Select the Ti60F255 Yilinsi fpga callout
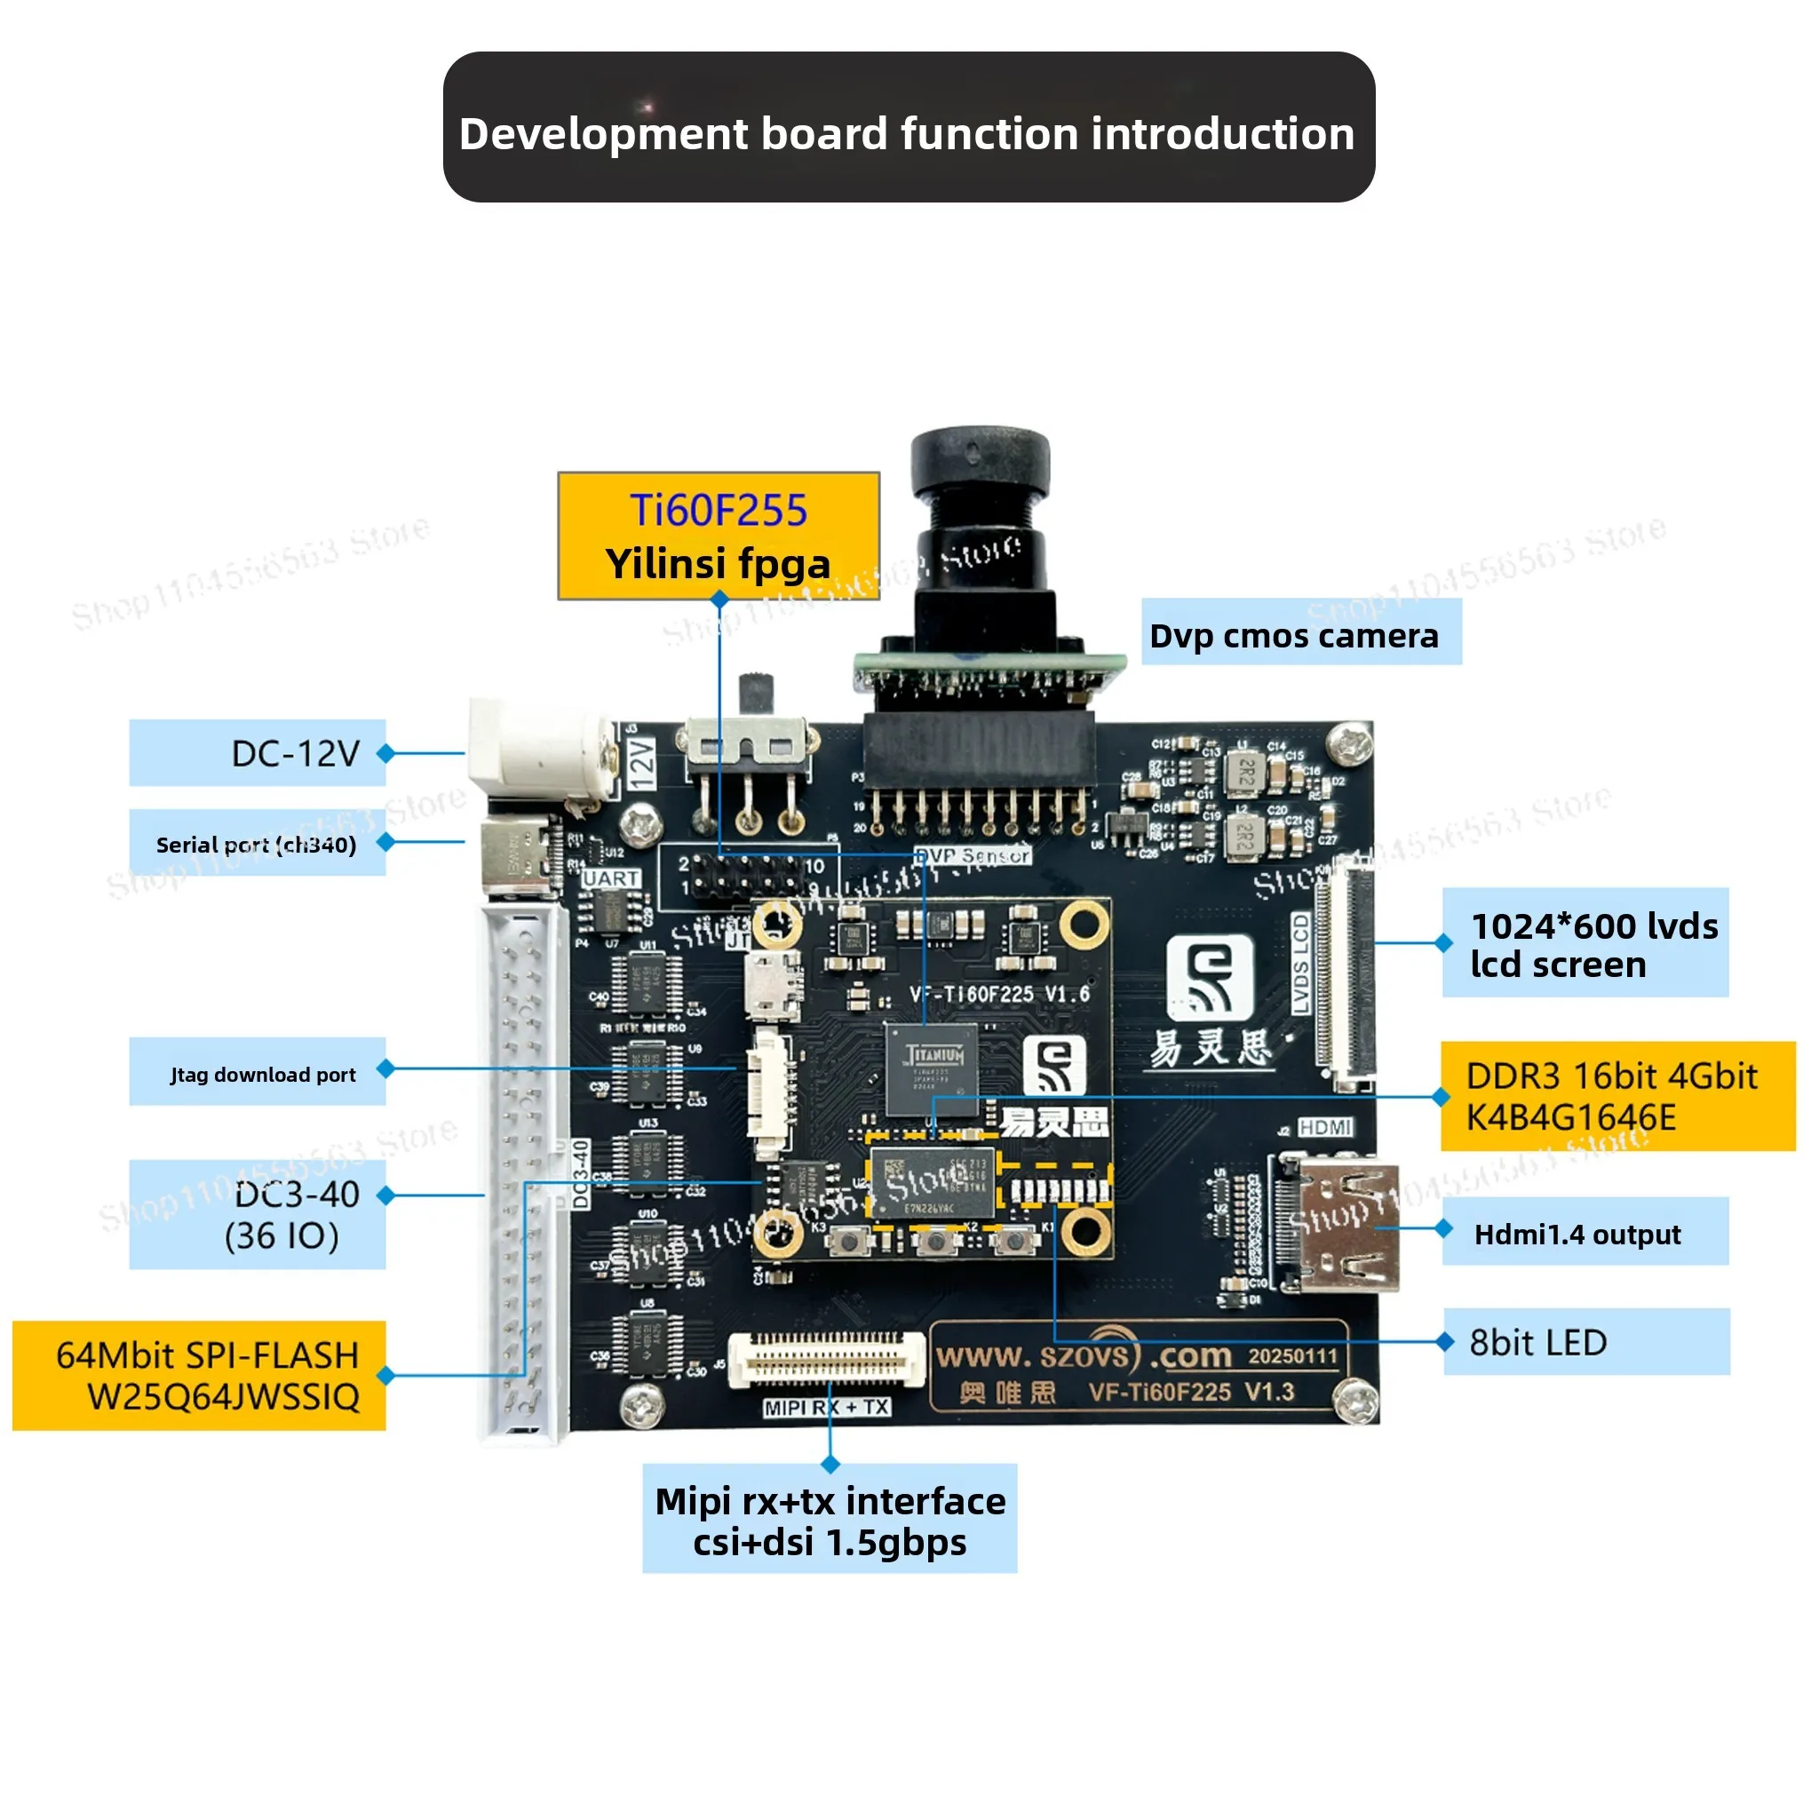(719, 536)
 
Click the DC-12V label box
(257, 752)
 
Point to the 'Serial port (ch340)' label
(257, 843)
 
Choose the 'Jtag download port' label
(257, 1071)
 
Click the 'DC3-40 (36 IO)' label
(257, 1214)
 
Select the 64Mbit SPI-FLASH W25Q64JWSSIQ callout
(200, 1376)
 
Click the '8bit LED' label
(1585, 1342)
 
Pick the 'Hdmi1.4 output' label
(1585, 1232)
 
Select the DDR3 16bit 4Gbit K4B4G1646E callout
(1617, 1096)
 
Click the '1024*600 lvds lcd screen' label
(1585, 942)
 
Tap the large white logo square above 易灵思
(1211, 978)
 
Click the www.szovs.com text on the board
(1083, 1355)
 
